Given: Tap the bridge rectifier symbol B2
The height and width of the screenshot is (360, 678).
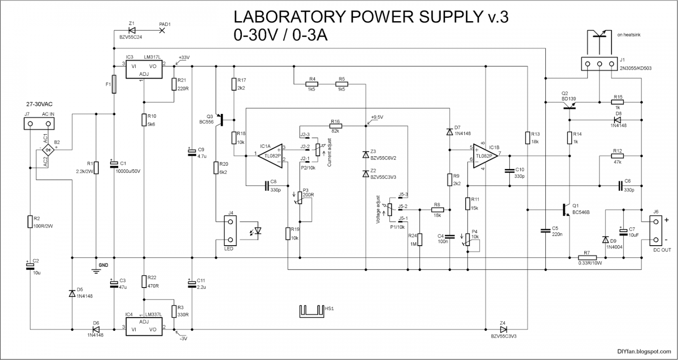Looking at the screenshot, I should tap(48, 150).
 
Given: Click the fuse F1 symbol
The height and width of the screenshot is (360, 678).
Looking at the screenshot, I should tap(114, 84).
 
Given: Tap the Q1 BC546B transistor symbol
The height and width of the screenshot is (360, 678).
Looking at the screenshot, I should tap(567, 207).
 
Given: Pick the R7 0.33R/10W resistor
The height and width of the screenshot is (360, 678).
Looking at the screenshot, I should tap(587, 257).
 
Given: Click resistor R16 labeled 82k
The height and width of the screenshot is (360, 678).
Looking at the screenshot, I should tap(335, 126).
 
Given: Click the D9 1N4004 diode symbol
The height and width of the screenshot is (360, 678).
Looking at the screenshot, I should tap(605, 240).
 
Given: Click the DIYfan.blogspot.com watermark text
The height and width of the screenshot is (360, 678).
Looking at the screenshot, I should tap(644, 351).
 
